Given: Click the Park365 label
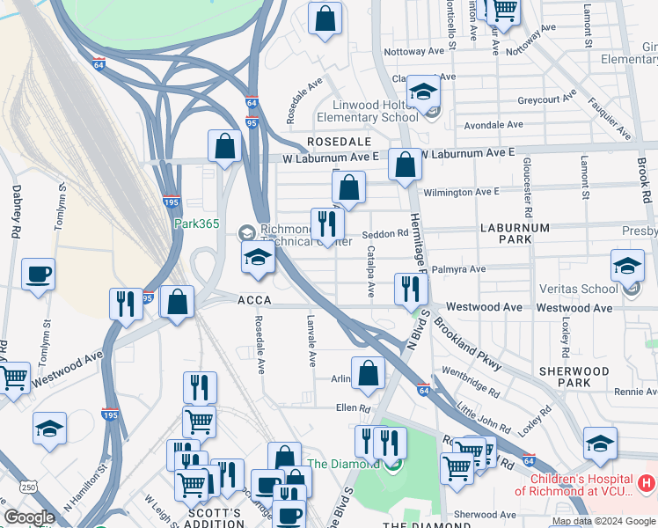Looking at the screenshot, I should coord(195,224).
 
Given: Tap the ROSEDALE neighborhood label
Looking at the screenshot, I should coord(339,142).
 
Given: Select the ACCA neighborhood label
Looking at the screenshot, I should coord(253,300).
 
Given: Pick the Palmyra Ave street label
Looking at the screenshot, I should coord(464,269).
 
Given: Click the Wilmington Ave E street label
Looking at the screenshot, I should coord(461,191).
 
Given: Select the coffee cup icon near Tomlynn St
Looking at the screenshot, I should coord(38,275).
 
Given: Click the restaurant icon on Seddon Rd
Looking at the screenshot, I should coord(327,224).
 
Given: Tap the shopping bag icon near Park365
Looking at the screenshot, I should coord(224,146).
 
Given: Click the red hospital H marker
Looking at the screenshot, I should coord(647,482).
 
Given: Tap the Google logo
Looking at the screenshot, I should coord(30,517).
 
